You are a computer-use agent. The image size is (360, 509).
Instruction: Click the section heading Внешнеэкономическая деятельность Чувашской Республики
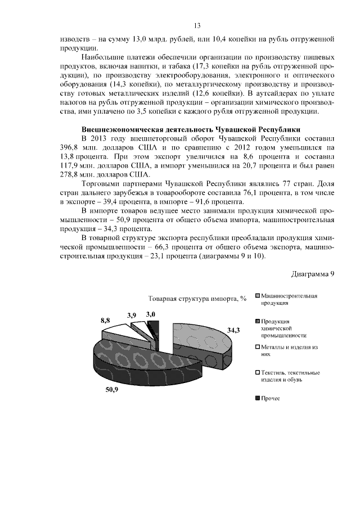point(191,128)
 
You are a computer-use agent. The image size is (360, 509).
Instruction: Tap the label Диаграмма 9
point(313,274)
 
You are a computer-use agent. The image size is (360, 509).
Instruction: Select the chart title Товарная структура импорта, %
point(197,298)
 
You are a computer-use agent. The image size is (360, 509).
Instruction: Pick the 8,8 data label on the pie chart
point(105,319)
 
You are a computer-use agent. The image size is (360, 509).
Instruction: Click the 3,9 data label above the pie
point(132,316)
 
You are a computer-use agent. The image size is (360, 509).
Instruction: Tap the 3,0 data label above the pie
point(150,315)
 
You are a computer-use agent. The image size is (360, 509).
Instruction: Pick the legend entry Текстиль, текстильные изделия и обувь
point(289,376)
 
